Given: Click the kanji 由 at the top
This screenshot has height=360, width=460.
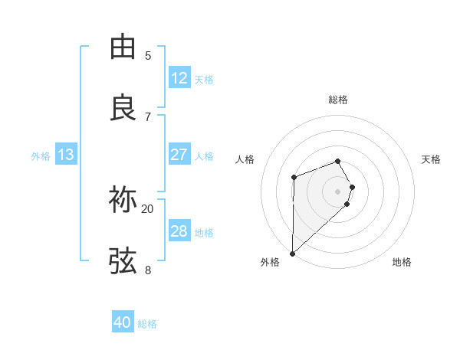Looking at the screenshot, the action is tap(123, 47).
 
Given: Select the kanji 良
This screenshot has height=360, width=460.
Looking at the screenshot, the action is tap(123, 108).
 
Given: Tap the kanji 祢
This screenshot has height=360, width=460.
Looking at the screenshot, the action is tap(123, 200).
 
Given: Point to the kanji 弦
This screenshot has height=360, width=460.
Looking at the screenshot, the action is tap(123, 261).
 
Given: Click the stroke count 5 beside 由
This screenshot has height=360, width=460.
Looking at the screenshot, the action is tap(148, 55).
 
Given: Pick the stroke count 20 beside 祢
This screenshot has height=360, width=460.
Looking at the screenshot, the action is tap(148, 208).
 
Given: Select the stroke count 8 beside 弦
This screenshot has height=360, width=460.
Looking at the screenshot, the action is tap(148, 270).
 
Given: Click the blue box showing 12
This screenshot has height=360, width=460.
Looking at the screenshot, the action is tap(179, 78).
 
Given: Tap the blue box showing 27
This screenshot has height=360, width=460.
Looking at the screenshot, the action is tap(179, 155).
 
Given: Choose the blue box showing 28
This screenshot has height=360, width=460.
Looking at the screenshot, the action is tap(179, 231).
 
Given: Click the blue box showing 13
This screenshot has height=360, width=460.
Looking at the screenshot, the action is tap(65, 155).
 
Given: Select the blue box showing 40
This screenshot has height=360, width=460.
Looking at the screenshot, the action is tap(122, 323).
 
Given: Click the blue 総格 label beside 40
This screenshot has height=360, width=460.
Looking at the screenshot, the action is tap(147, 324).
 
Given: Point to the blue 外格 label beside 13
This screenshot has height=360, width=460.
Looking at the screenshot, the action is tap(41, 156).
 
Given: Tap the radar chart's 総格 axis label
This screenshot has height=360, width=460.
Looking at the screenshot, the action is tap(338, 100).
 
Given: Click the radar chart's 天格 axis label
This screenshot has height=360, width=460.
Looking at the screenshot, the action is tap(432, 159).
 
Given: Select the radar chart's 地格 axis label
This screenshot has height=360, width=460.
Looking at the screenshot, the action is tap(402, 262).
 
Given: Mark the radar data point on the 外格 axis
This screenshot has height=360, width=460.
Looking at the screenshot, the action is tap(292, 253).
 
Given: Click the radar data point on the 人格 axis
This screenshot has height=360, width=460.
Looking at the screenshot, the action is tap(294, 178).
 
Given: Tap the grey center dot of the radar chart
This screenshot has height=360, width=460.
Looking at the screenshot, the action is tap(338, 191).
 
